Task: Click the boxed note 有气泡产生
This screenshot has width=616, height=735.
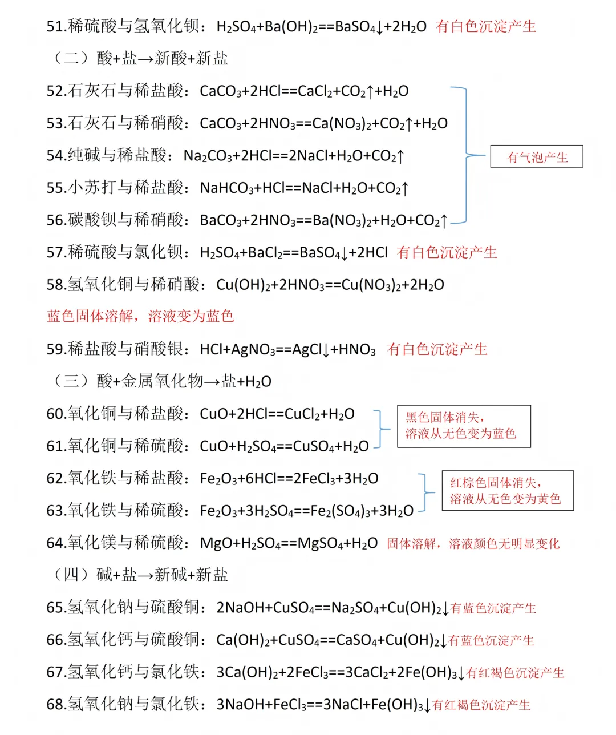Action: click(537, 157)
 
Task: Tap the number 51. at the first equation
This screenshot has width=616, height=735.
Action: click(56, 26)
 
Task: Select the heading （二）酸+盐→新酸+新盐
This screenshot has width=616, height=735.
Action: click(140, 58)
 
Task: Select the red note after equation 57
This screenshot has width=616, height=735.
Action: click(447, 252)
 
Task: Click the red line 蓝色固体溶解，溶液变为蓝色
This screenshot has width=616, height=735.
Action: click(140, 316)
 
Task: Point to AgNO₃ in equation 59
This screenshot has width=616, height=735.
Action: click(253, 349)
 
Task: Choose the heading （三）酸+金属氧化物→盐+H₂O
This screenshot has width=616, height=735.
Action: click(162, 381)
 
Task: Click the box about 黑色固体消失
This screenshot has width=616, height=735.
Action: click(463, 426)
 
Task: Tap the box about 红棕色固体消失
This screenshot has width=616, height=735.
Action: click(507, 491)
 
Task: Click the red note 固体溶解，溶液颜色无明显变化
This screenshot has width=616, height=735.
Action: click(473, 543)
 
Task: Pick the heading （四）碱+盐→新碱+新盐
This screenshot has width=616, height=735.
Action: click(140, 575)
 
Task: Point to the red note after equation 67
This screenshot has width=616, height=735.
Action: click(515, 673)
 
